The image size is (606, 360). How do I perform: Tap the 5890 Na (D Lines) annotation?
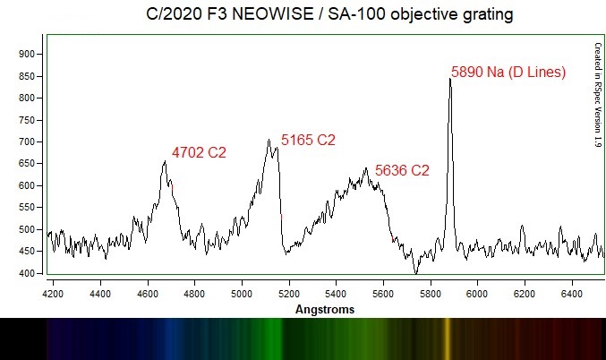(x=508, y=73)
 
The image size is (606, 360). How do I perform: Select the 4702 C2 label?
(x=199, y=153)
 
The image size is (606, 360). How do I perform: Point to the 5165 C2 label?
(x=308, y=140)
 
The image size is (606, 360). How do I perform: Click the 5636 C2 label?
(x=402, y=170)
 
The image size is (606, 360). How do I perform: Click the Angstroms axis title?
(x=325, y=310)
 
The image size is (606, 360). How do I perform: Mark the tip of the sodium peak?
(x=450, y=79)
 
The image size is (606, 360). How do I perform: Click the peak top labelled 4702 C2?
(x=165, y=161)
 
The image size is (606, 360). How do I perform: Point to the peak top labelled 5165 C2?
(x=269, y=139)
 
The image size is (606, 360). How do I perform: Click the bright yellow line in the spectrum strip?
(x=447, y=338)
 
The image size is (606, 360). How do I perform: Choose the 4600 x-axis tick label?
(x=148, y=292)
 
